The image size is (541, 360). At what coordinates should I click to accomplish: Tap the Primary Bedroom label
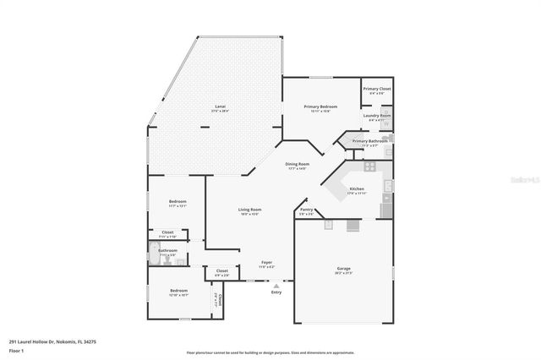click(x=321, y=107)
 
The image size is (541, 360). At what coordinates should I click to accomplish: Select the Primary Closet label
click(x=376, y=89)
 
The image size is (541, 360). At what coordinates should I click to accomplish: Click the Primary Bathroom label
click(x=369, y=141)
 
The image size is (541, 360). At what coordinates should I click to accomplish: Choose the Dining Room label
click(x=297, y=164)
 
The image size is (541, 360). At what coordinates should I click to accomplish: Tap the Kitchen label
click(x=357, y=188)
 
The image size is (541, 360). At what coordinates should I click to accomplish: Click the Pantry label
click(x=306, y=210)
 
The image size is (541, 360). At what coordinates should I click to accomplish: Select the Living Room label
click(x=249, y=210)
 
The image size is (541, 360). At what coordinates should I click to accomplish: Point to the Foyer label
click(x=266, y=262)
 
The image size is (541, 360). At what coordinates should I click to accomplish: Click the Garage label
click(x=343, y=269)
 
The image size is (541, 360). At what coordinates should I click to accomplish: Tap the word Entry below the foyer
click(x=276, y=292)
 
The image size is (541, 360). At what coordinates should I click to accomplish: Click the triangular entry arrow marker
click(x=276, y=285)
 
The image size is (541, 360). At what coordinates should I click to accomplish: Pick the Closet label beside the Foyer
click(x=221, y=270)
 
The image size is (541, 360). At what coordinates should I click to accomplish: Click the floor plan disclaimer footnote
click(x=270, y=352)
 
